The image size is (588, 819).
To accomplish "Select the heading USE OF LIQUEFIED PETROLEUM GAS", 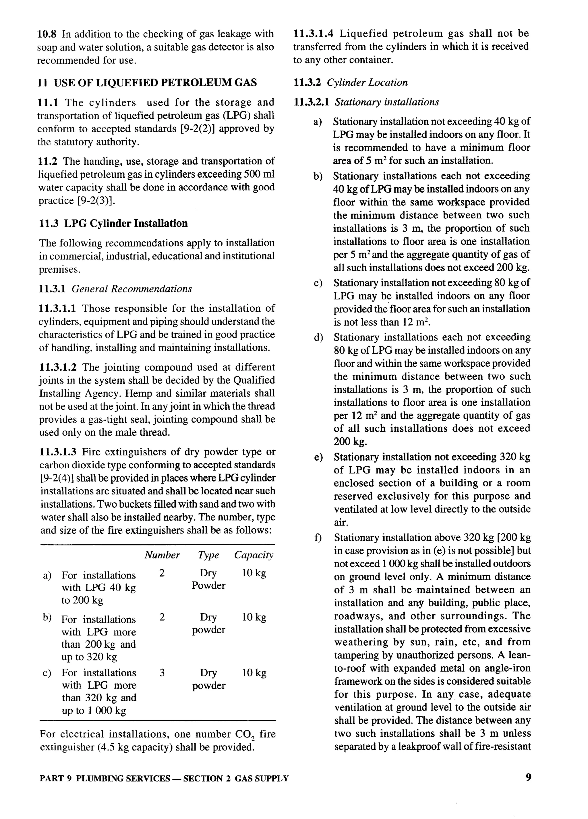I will point(155,83).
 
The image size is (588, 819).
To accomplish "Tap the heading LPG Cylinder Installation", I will point(126,224).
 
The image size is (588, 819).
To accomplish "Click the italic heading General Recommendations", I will point(131,289).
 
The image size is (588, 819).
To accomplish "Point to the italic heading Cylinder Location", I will point(367,82).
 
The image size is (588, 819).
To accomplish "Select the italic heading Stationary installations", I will point(386,102).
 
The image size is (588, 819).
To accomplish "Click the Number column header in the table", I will point(162,555).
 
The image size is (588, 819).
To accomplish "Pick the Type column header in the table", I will point(208,555).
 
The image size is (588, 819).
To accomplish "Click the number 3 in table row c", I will point(162,673).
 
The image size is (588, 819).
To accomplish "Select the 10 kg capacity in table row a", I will point(254,573).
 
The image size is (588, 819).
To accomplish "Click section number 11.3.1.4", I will point(313,34).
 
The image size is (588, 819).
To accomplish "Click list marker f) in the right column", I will point(318,538).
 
